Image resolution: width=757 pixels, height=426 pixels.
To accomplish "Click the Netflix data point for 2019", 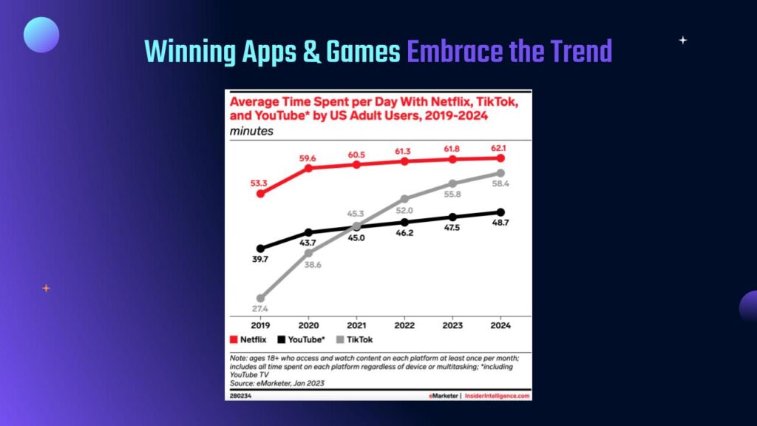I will pyautogui.click(x=260, y=194).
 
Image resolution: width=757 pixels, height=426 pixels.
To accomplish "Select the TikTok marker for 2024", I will pyautogui.click(x=500, y=173).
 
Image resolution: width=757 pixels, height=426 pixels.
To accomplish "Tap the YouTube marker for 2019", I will pyautogui.click(x=260, y=248).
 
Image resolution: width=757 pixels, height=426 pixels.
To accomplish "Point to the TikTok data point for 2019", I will pyautogui.click(x=260, y=298).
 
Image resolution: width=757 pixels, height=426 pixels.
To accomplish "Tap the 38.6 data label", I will pyautogui.click(x=308, y=265).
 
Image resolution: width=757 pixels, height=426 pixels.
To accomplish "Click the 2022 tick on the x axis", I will pyautogui.click(x=404, y=324).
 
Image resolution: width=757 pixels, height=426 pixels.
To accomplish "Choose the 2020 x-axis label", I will pyautogui.click(x=308, y=324).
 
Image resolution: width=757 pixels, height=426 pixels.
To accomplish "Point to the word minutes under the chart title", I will pyautogui.click(x=251, y=132).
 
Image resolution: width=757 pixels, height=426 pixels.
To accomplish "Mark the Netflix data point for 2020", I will pyautogui.click(x=308, y=168).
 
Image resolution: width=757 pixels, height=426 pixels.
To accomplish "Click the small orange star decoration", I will pyautogui.click(x=46, y=288).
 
